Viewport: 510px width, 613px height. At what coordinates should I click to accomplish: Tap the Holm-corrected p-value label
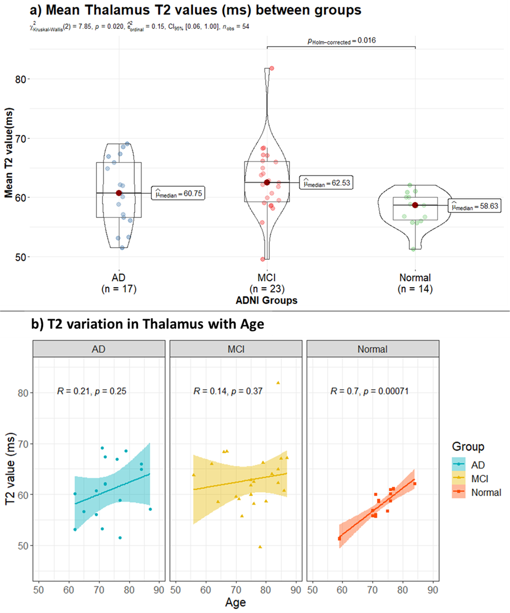341,40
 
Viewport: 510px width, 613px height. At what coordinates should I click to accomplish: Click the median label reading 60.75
177,193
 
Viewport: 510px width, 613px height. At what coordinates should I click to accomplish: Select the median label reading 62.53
325,183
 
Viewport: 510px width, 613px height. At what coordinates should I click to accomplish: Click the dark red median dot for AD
119,193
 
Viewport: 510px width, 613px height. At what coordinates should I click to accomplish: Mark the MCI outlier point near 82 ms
272,68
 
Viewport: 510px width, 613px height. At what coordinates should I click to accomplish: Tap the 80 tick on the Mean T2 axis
20,79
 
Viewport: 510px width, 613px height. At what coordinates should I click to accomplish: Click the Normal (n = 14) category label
415,283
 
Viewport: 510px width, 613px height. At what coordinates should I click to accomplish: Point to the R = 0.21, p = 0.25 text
92,391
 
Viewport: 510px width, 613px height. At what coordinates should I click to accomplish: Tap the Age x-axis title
236,602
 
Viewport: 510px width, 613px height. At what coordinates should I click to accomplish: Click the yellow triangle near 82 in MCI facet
278,383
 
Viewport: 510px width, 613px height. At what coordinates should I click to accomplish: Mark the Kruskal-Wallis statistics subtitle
128,27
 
